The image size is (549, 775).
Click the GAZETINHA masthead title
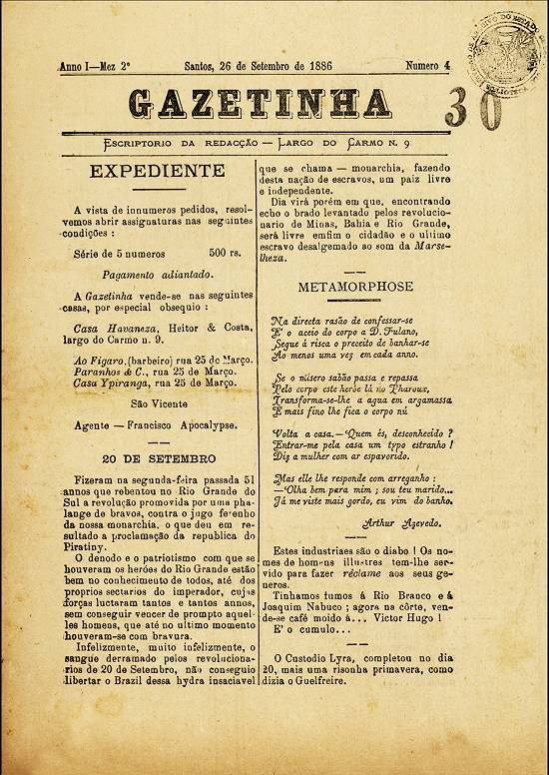(261, 103)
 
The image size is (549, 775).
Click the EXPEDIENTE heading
(157, 171)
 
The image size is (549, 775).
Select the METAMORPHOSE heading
(354, 287)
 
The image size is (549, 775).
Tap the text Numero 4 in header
(428, 65)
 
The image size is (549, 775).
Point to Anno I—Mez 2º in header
(96, 66)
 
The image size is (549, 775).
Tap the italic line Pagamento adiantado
(156, 274)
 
